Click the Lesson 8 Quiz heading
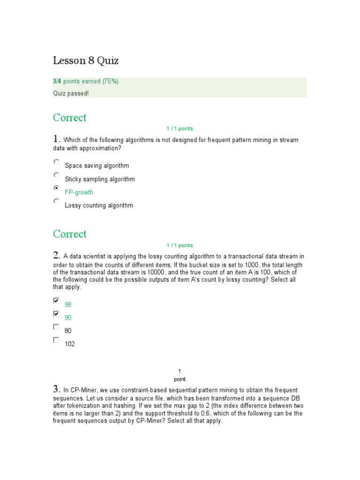(85, 60)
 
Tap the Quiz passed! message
(70, 93)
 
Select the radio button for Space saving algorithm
(56, 162)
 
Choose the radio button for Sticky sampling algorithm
(56, 175)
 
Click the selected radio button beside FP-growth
(56, 188)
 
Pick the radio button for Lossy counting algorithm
(56, 201)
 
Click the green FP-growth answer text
(79, 192)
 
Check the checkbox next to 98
(56, 300)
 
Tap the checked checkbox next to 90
(56, 314)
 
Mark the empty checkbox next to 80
(56, 327)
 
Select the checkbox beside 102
(56, 340)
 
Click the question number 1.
(57, 139)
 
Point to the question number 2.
(57, 255)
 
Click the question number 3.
(57, 389)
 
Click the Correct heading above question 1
(70, 118)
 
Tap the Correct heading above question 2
(70, 234)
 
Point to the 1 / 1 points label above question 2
(180, 245)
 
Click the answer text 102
(70, 344)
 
